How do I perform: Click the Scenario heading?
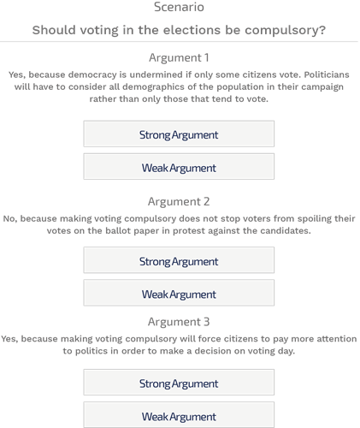click(179, 7)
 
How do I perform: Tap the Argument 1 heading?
click(179, 58)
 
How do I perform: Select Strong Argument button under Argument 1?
click(179, 134)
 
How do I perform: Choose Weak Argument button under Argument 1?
click(179, 167)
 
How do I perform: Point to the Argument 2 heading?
click(179, 202)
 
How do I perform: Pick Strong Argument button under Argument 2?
click(179, 260)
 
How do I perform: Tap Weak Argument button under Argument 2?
click(179, 293)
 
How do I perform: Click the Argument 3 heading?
click(179, 322)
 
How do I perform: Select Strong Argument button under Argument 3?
click(179, 383)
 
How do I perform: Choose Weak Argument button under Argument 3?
click(179, 415)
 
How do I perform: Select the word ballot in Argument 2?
click(118, 230)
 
